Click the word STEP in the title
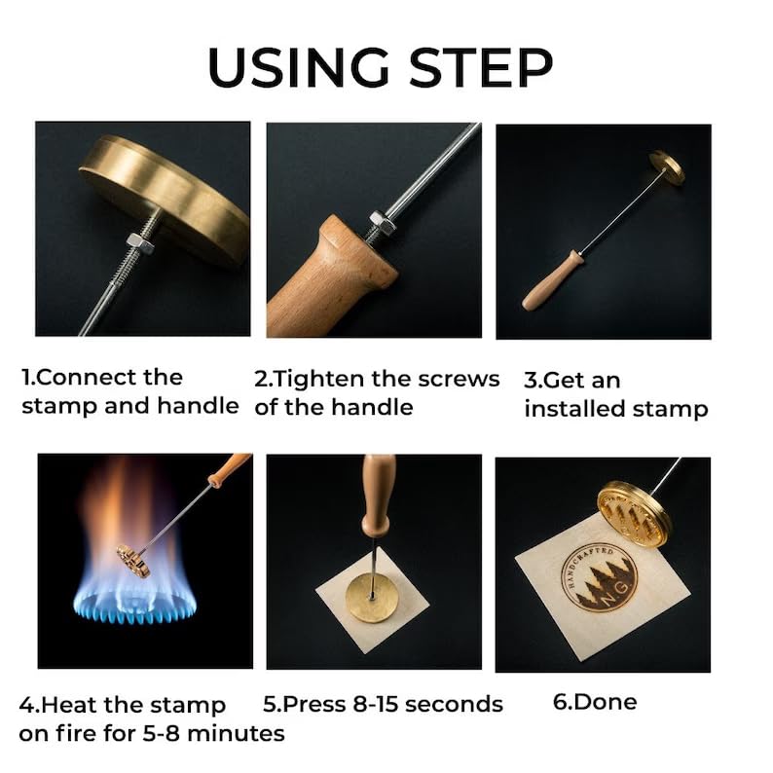point(481,67)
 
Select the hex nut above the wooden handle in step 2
point(383,221)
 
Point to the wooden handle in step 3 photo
point(552,281)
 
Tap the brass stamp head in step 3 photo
point(667,167)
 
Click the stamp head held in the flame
point(133,561)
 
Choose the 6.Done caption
point(595,702)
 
